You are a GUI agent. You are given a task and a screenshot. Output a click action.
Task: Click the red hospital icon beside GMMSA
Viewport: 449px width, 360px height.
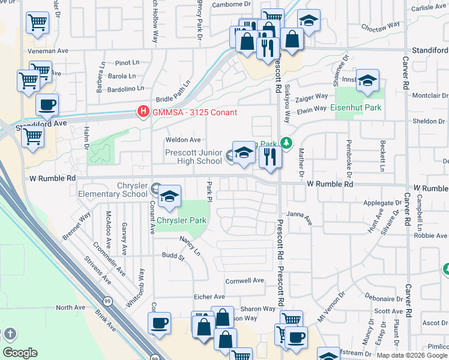point(143,112)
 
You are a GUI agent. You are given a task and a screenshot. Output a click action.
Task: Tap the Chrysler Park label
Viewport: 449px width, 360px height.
point(181,220)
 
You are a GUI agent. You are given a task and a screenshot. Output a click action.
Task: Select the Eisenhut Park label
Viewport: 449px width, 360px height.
point(356,108)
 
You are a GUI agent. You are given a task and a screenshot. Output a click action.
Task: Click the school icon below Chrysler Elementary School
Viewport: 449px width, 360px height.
point(169,197)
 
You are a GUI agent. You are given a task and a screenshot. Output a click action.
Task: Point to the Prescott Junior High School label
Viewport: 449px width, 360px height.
point(194,157)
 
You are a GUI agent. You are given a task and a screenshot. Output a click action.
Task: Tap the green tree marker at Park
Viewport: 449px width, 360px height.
point(287,143)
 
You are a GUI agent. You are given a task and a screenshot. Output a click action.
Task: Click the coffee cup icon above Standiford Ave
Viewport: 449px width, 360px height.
point(47,105)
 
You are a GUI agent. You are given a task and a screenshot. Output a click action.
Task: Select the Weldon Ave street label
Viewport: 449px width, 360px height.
point(182,140)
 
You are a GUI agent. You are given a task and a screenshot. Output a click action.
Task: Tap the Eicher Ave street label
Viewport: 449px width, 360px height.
point(209,296)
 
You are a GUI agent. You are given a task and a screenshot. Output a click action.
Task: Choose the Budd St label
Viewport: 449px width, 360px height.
point(173,257)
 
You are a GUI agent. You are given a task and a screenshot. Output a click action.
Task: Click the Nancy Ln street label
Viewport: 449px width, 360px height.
point(190,246)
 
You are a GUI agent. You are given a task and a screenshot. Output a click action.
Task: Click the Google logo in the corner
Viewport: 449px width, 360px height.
point(20,353)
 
